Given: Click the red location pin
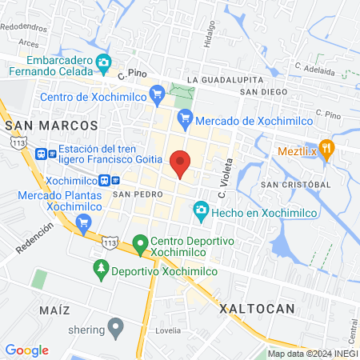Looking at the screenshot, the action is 181,163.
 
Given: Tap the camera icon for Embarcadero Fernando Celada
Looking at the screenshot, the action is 103,62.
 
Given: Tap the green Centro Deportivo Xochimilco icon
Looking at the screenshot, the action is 140,242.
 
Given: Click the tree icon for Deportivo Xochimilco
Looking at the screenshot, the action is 101,267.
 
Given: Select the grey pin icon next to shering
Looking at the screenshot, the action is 116,326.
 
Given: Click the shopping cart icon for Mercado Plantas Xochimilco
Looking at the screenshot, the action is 82,221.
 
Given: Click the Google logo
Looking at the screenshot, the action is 26,350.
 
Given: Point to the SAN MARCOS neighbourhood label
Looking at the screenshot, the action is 51,126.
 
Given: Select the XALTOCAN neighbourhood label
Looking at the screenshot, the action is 257,308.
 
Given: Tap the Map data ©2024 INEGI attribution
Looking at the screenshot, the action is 312,354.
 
